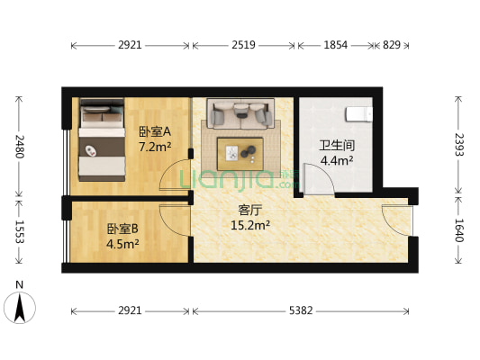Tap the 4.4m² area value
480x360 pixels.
pos(336,162)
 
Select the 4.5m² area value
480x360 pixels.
pos(123,243)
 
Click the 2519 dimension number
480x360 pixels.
pos(242,44)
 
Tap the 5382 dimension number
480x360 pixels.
pos(301,310)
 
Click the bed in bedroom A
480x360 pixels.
pos(100,139)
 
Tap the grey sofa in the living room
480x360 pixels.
pos(240,113)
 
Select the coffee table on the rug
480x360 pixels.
pos(240,153)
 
